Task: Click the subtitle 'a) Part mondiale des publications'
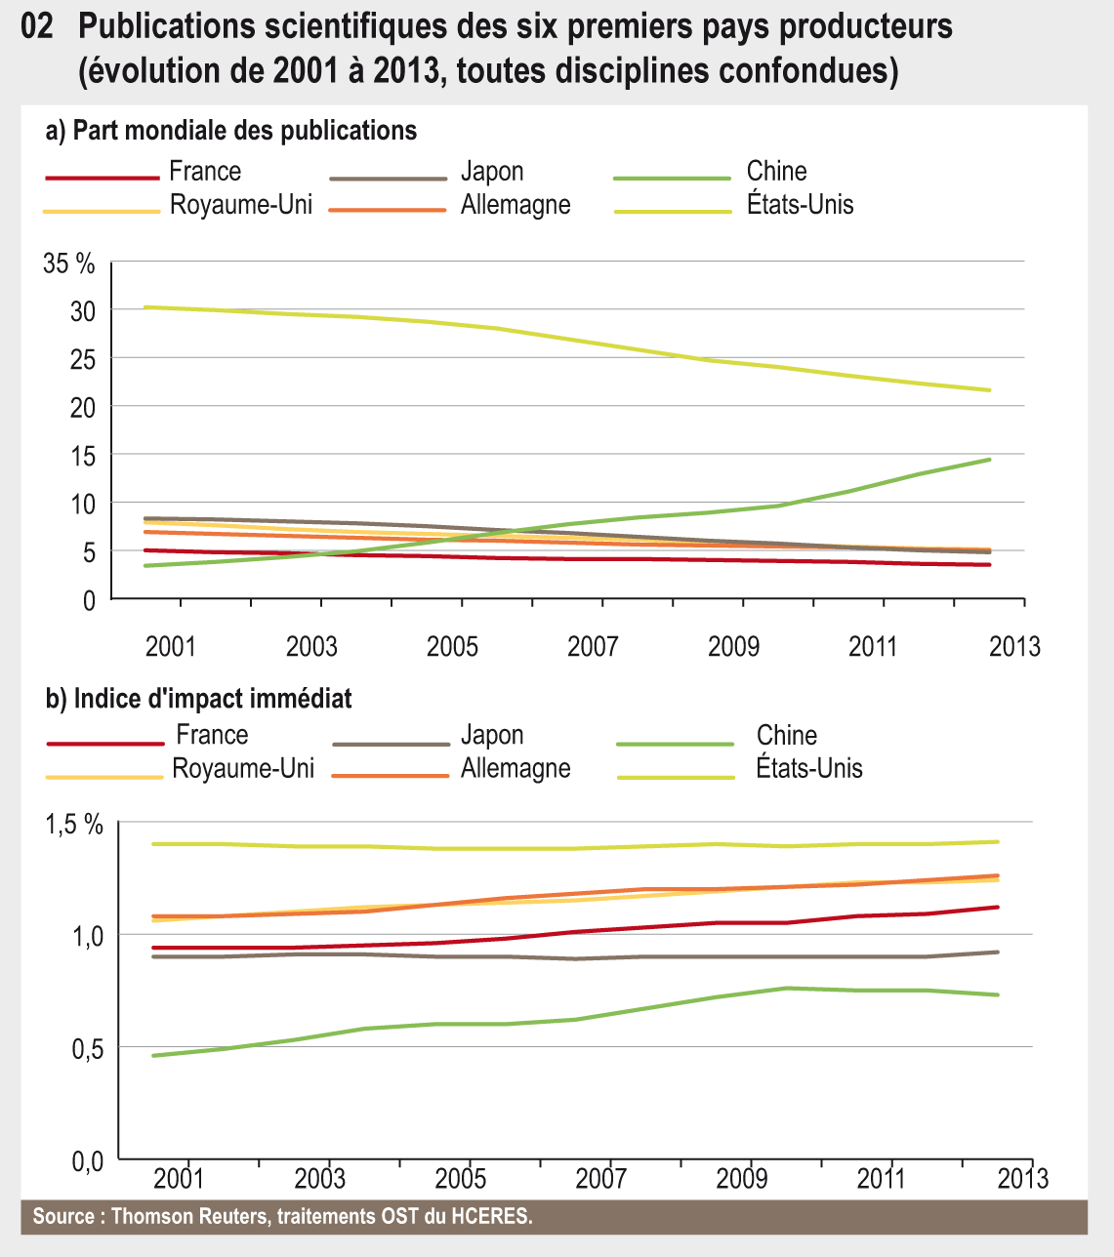[231, 130]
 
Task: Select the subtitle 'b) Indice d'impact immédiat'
[199, 699]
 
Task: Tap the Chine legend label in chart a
[776, 172]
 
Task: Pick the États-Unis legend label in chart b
[808, 768]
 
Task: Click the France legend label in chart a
[205, 172]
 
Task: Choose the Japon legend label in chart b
[492, 735]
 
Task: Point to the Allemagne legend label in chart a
[516, 205]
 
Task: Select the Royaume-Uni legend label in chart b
[243, 768]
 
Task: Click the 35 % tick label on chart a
[69, 264]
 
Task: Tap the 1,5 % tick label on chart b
[74, 825]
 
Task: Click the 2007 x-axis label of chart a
[593, 646]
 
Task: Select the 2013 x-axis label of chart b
[1022, 1178]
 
